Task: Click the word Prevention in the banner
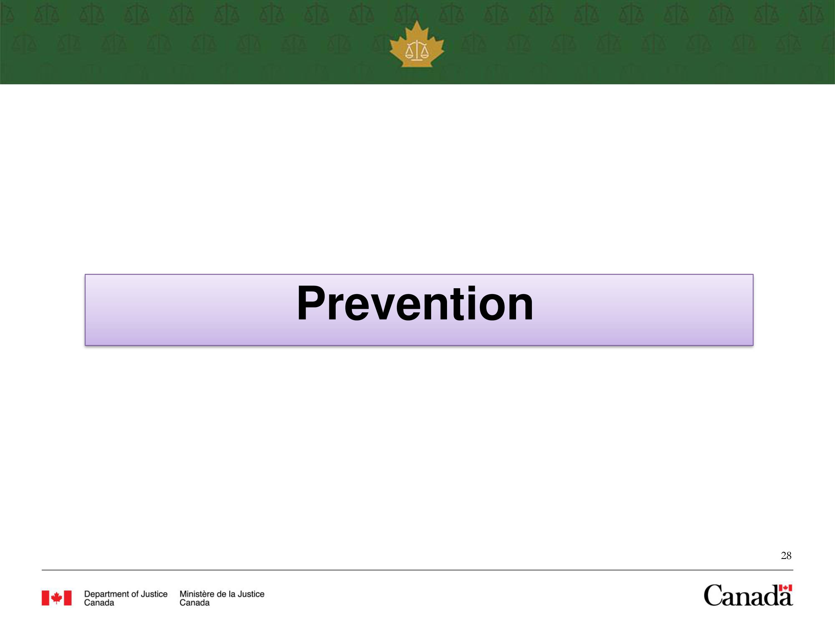415,304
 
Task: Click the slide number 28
786,555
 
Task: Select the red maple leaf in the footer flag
57,598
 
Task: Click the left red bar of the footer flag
45,598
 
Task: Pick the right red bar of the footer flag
68,598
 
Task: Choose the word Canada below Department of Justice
99,603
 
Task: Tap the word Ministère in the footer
196,594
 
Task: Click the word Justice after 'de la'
251,594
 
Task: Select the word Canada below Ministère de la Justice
194,603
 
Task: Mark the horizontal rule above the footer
417,570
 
